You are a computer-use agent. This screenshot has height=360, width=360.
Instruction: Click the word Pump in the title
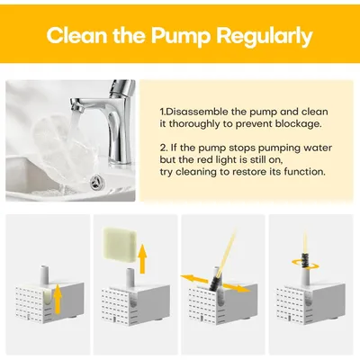[x=181, y=37]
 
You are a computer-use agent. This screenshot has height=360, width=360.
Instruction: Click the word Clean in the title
[x=76, y=35]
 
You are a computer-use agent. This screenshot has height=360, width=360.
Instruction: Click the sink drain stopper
[x=97, y=181]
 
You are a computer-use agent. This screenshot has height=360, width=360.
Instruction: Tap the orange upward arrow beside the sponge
[x=143, y=258]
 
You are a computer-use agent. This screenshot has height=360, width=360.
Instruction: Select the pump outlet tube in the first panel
[x=45, y=274]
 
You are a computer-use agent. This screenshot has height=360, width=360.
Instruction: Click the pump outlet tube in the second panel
[x=130, y=277]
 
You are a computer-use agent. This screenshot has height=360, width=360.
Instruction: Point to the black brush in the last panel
[x=305, y=261]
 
